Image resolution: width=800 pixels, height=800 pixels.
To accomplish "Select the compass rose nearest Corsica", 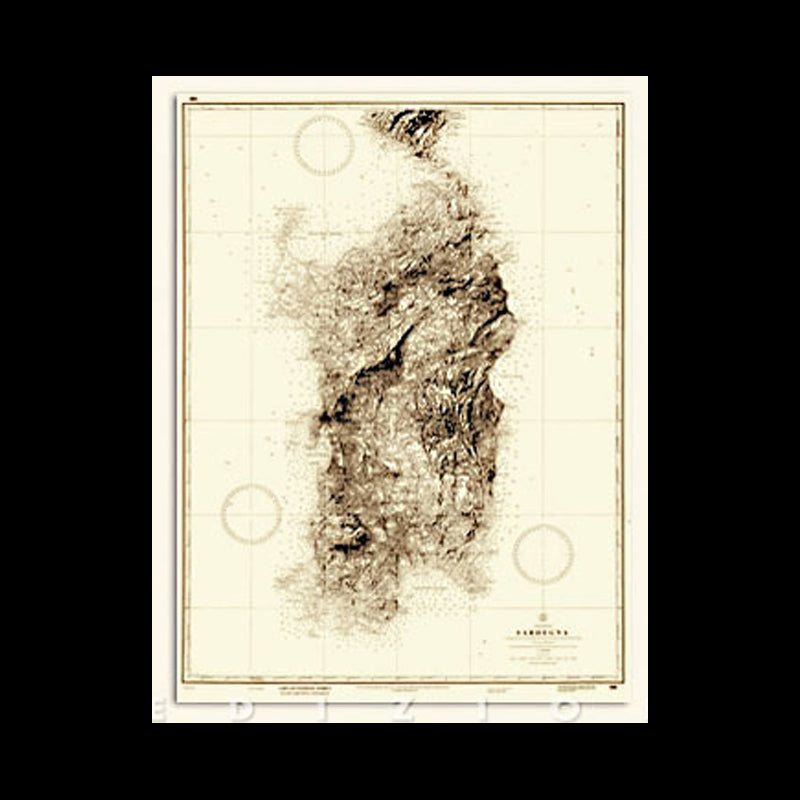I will pos(323,145).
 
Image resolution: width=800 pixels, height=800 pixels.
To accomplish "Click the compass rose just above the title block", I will pos(543,554).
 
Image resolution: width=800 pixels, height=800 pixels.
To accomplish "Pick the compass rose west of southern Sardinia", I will pos(251,513).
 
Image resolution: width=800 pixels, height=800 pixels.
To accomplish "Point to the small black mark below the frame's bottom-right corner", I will pos(611,689).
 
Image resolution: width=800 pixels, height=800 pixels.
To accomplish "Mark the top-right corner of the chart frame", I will pos(622,103).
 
